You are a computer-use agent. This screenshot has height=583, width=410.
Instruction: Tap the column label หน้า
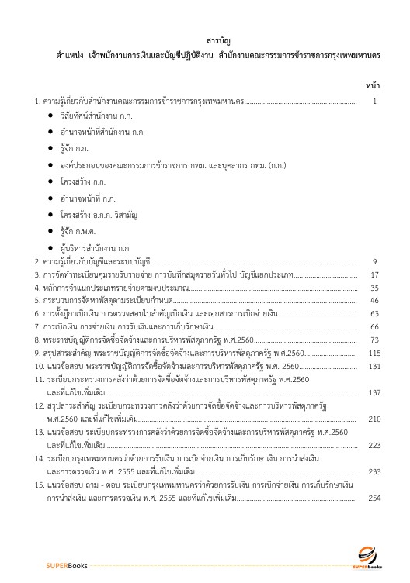click(x=372, y=84)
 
